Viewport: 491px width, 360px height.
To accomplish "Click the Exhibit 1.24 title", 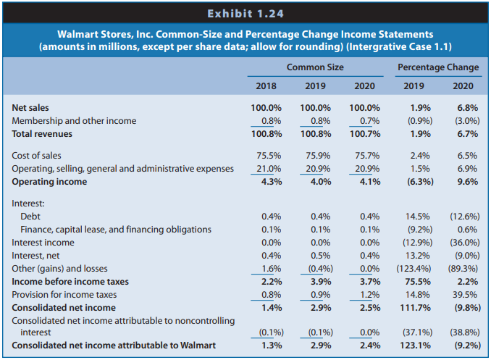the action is click(246, 14).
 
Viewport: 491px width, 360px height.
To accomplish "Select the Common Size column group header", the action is click(315, 67).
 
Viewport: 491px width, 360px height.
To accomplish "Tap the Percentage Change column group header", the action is click(438, 67).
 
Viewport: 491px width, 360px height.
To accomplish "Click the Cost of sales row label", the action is click(36, 156).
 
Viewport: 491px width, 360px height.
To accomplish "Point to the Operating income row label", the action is click(49, 182).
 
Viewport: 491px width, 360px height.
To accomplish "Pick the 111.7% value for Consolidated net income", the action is click(415, 308).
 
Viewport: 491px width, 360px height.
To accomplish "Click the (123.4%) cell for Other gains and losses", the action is click(414, 269).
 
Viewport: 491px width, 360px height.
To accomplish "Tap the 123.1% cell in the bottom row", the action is click(415, 346).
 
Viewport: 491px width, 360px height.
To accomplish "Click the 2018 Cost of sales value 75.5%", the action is click(269, 156).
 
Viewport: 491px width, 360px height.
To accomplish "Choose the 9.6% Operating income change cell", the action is click(468, 182).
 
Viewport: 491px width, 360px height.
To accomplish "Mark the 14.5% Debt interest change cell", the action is click(417, 217).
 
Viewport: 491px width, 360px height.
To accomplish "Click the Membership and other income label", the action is click(74, 121).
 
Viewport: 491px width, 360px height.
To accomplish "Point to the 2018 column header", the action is click(267, 86).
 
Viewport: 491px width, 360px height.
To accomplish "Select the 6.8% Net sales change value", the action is click(468, 108).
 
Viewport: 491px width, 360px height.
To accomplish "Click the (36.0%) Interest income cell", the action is click(465, 243).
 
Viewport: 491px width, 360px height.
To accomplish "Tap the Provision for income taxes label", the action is click(64, 295).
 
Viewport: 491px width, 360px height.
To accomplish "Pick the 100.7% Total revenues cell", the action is click(365, 134).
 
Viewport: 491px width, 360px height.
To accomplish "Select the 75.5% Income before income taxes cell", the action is click(418, 282).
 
